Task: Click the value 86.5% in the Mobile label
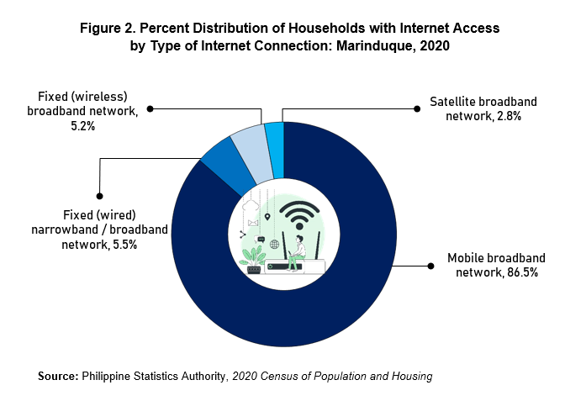point(522,272)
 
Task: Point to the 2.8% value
point(509,116)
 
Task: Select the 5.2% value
point(83,126)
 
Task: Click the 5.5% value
point(125,245)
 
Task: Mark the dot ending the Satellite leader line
point(417,108)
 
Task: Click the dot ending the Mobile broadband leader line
point(431,266)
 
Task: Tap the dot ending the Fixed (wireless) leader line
point(150,108)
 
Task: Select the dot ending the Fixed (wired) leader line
point(99,196)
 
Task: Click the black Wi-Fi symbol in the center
point(299,216)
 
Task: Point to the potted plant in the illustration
point(253,260)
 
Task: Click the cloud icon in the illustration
point(251,205)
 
